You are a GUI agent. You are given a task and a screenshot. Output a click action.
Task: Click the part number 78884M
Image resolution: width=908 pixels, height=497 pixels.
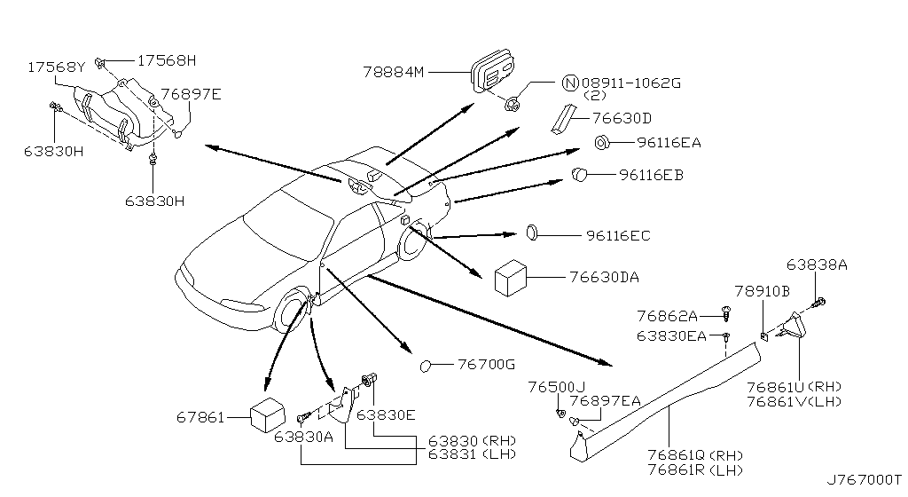(x=394, y=72)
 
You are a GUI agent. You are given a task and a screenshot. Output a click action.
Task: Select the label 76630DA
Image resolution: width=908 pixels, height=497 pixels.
(x=604, y=278)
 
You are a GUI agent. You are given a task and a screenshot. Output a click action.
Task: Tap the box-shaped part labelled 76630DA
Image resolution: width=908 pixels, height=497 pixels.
(x=510, y=278)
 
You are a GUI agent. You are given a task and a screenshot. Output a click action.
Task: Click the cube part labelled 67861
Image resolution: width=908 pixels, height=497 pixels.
(x=268, y=414)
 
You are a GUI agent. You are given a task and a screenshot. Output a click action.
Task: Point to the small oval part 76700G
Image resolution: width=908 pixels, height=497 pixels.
(x=427, y=366)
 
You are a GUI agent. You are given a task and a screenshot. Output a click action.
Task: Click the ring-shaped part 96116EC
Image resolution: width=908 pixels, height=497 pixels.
(x=532, y=233)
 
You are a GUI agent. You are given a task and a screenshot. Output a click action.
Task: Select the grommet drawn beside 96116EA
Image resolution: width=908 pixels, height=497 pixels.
(x=602, y=141)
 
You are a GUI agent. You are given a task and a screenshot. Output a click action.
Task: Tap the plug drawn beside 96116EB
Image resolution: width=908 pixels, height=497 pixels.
(x=579, y=173)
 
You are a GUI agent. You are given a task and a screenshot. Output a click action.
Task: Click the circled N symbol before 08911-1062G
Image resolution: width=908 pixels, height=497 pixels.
(x=570, y=83)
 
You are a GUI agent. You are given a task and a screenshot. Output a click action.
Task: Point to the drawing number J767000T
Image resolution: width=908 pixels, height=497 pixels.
(x=864, y=480)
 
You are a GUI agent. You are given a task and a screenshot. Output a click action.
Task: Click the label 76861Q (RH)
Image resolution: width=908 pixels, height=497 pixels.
(x=695, y=456)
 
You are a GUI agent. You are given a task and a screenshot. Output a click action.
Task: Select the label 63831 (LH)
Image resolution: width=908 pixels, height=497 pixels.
(x=472, y=454)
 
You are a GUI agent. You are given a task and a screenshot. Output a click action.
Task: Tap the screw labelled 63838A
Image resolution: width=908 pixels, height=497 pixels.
(x=818, y=302)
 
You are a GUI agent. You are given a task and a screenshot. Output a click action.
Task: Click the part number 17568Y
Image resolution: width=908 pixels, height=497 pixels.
(x=56, y=67)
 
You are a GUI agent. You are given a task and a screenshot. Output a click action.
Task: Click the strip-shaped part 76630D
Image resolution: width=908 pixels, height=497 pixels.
(x=561, y=118)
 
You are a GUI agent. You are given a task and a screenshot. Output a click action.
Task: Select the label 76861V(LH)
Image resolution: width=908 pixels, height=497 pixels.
(x=794, y=401)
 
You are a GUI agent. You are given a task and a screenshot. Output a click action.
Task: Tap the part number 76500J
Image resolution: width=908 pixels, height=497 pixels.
(x=557, y=387)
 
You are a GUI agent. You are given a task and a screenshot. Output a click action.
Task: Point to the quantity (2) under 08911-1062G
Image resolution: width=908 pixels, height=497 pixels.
(x=595, y=96)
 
